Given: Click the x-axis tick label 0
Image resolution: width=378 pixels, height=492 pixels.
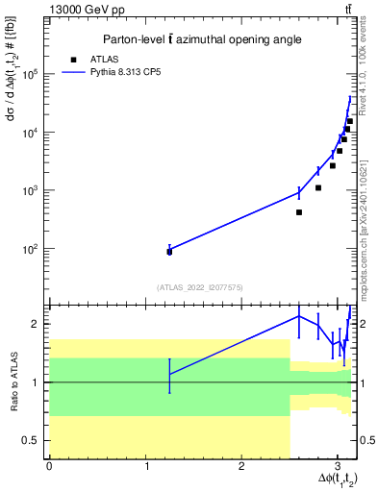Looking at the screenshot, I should pyautogui.click(x=49, y=466).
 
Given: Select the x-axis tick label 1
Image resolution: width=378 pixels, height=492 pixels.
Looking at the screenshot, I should pyautogui.click(x=145, y=466).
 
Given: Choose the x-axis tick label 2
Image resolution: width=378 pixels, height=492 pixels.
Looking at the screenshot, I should pyautogui.click(x=241, y=466).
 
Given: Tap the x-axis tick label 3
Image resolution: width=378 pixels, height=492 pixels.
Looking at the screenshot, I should pyautogui.click(x=338, y=466).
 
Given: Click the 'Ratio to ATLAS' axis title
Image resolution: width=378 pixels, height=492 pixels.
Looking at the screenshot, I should pyautogui.click(x=13, y=381).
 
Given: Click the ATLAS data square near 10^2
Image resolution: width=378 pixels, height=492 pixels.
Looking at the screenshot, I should pyautogui.click(x=169, y=252).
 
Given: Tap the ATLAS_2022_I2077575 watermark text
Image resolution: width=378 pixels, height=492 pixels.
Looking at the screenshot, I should pyautogui.click(x=200, y=286).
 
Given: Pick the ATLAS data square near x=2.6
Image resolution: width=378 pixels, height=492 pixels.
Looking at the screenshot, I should pyautogui.click(x=299, y=212).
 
